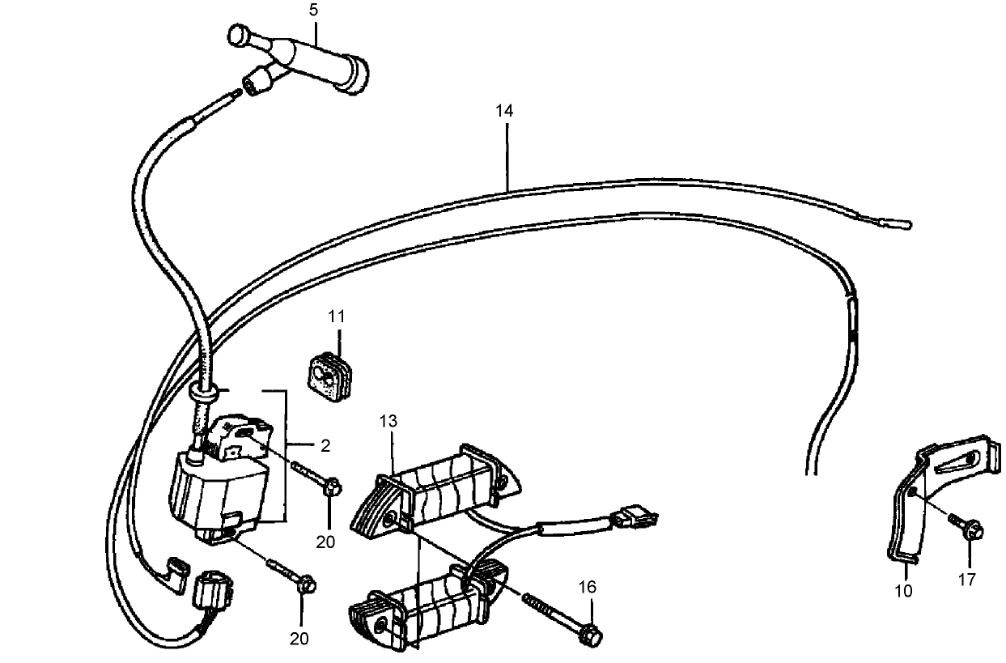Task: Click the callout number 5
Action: point(313,10)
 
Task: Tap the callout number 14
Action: point(504,111)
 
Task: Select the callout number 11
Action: point(337,317)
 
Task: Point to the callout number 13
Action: point(388,421)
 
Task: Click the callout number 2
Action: point(325,445)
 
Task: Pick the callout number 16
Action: point(588,587)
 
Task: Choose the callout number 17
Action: point(967,580)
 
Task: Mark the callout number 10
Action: point(903,591)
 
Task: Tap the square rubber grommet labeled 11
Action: point(330,376)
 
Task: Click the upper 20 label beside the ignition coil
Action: point(325,542)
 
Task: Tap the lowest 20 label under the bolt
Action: point(299,639)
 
